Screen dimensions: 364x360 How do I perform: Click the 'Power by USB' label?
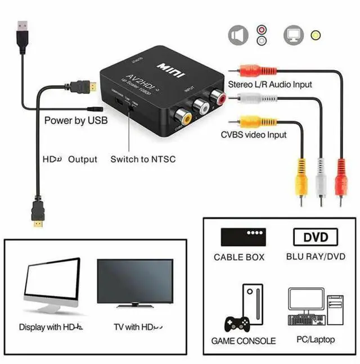75,120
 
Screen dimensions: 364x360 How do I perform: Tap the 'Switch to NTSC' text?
143,159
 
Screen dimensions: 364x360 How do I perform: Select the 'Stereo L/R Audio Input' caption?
270,84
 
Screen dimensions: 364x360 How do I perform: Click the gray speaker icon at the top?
238,35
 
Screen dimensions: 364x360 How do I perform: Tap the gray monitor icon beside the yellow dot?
294,35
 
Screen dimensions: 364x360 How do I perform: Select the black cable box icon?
244,237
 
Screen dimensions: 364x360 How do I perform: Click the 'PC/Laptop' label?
316,339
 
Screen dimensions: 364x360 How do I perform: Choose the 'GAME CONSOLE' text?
244,341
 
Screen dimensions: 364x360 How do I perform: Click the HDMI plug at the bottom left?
37,216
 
